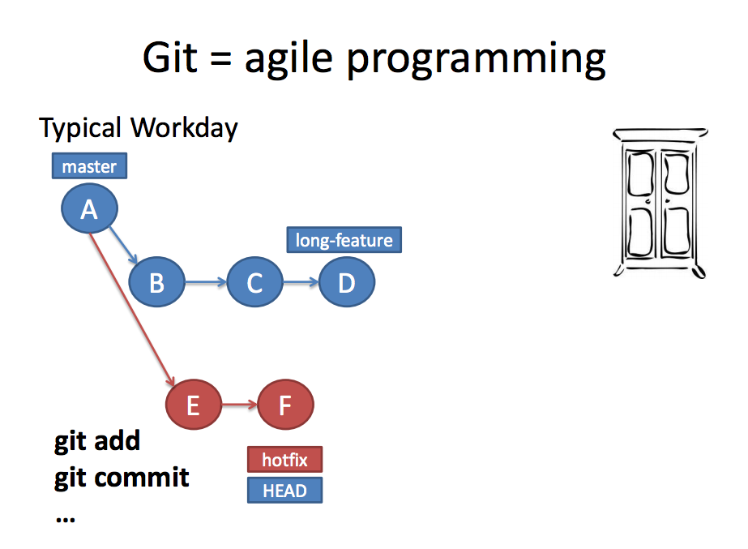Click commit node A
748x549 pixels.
(89, 210)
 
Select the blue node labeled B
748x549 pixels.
(157, 283)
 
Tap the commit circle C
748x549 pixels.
(254, 283)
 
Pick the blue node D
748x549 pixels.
(347, 283)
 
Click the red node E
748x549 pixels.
(193, 404)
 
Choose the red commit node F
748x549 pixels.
(285, 404)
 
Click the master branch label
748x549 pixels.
(89, 166)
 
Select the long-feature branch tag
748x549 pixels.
(344, 240)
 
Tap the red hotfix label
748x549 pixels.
(284, 460)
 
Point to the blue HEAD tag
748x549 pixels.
(284, 490)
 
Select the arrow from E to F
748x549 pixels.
(239, 404)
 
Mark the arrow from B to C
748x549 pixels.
(206, 283)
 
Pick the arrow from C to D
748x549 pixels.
(300, 283)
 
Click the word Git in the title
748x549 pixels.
(169, 58)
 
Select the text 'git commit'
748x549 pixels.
(122, 478)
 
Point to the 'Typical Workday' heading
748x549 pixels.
(139, 128)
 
